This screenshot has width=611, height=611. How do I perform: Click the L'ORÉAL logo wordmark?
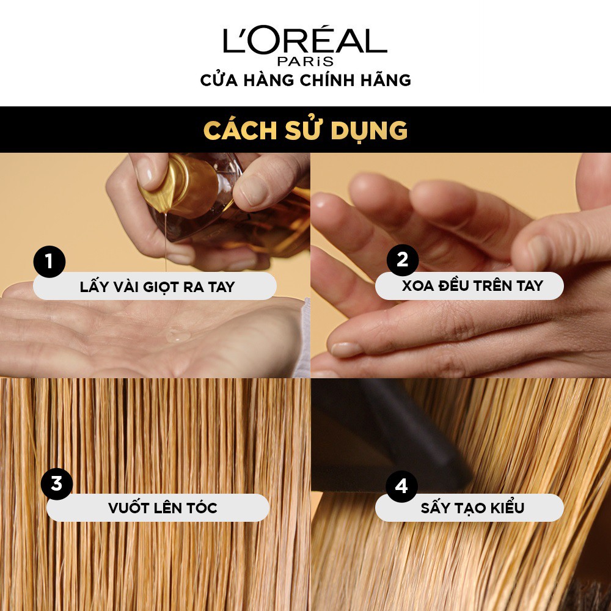tap(305, 40)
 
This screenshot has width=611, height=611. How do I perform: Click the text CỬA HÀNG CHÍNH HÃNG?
tap(305, 80)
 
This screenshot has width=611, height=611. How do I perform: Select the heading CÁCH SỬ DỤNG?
tap(305, 130)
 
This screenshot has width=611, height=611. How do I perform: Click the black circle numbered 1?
tap(49, 263)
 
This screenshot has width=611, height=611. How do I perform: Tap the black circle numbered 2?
tap(402, 260)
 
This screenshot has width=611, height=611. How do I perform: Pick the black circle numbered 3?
tap(56, 485)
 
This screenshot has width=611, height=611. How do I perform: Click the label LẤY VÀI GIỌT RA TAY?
tap(157, 287)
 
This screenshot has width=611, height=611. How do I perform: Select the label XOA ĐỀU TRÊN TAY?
tap(472, 285)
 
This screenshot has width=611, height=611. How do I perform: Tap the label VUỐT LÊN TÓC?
tap(163, 508)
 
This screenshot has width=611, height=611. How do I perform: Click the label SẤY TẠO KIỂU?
tap(472, 508)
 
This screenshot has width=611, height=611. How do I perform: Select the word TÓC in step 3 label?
tap(199, 508)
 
